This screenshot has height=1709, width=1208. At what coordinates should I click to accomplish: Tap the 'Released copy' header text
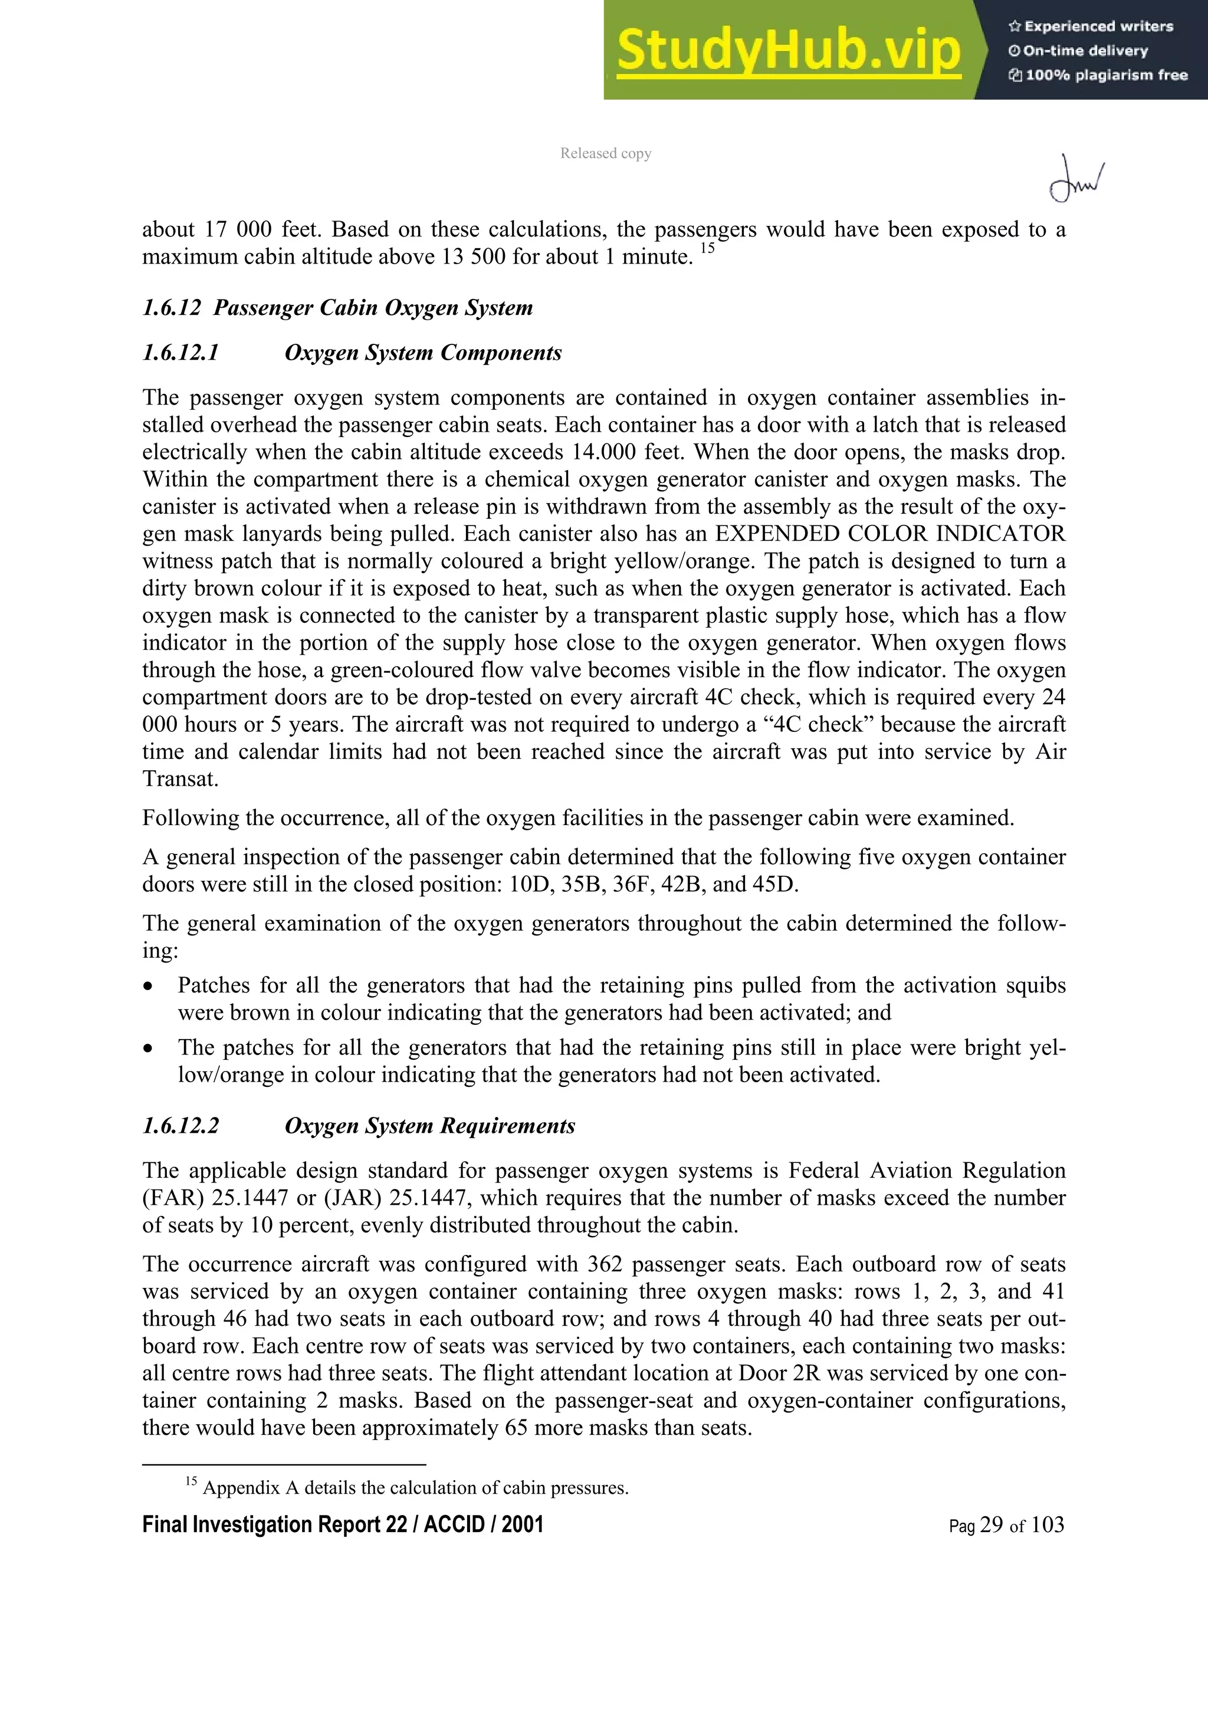coord(605,153)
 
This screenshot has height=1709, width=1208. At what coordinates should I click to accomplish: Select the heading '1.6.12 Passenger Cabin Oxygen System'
coord(337,307)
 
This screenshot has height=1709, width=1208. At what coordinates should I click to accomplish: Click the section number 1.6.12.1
coord(181,353)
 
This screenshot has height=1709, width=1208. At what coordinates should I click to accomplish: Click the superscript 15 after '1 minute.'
coord(707,249)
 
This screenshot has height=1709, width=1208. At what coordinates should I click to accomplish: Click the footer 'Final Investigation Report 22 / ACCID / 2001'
coord(342,1524)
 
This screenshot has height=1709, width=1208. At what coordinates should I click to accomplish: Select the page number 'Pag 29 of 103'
coord(1006,1525)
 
